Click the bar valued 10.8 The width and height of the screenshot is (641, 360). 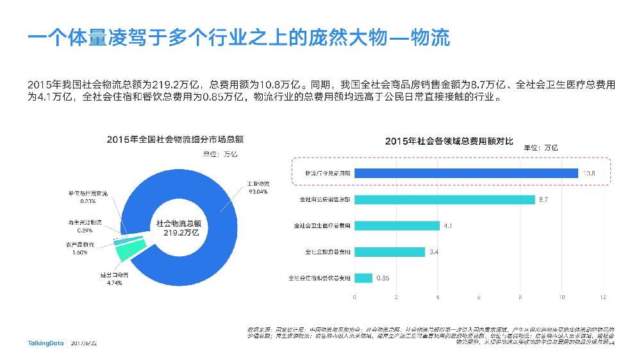click(466, 173)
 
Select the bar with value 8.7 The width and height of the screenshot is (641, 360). click(445, 200)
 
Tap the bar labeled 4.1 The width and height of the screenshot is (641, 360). click(397, 225)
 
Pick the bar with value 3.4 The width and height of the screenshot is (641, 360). click(390, 252)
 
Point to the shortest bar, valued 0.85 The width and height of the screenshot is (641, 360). click(363, 278)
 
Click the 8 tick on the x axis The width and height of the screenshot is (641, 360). click(520, 298)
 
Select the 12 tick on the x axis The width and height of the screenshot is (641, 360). click(603, 298)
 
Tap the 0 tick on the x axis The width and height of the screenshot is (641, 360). click(355, 298)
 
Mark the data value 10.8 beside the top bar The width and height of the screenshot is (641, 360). click(590, 173)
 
